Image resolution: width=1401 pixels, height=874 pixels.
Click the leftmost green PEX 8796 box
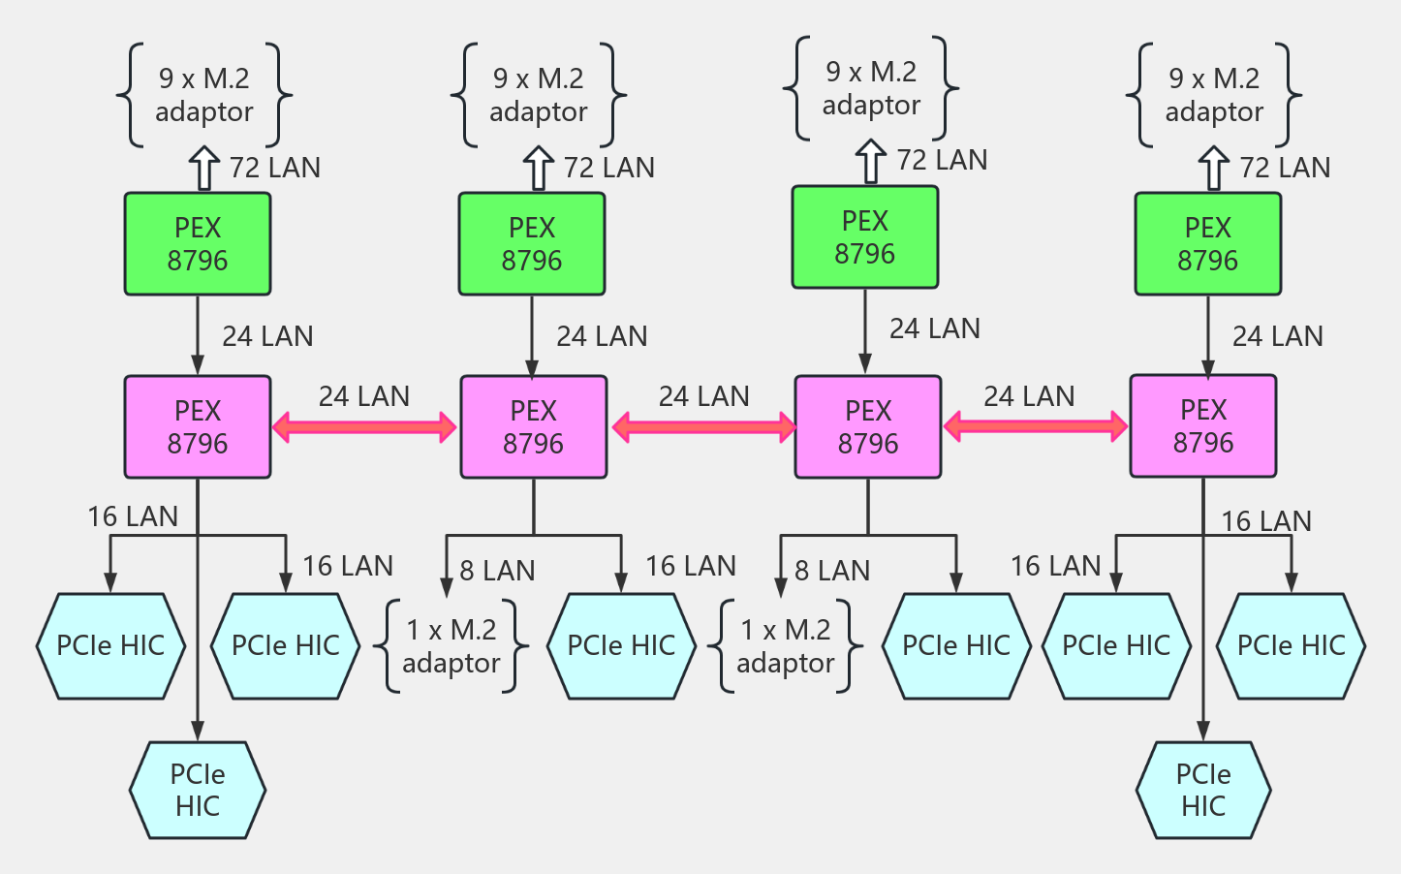pos(198,243)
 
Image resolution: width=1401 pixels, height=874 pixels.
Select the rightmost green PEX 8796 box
pos(1207,243)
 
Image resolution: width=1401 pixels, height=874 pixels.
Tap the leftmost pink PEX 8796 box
pos(198,426)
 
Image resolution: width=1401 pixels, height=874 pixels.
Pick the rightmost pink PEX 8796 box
pos(1202,425)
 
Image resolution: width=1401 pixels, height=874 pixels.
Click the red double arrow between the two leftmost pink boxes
pos(364,426)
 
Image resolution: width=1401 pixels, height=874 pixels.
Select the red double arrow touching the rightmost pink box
pos(1035,425)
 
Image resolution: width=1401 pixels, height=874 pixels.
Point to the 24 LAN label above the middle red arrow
pos(703,396)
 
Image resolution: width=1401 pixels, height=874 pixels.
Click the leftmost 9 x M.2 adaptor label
pos(204,95)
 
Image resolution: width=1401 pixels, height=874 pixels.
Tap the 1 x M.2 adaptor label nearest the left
pos(451,646)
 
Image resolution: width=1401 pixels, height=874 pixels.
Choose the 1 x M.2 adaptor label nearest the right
pos(786,646)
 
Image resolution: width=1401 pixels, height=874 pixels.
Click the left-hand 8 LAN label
pos(497,571)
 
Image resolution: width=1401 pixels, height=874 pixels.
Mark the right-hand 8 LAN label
pos(832,571)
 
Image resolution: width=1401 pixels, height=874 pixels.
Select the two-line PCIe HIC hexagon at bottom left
pos(198,790)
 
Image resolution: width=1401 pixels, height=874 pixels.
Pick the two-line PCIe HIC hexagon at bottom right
pos(1203,790)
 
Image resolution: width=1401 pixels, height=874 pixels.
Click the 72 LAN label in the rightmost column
pos(1285,168)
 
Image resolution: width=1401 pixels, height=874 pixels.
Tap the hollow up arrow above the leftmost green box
pos(203,168)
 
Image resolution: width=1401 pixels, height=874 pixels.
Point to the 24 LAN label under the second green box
pos(602,336)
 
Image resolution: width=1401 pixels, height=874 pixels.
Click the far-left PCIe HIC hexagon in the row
pos(110,645)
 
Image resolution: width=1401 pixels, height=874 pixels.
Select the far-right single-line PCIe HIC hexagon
pos(1292,645)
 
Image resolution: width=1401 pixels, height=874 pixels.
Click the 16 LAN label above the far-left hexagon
pos(133,516)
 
